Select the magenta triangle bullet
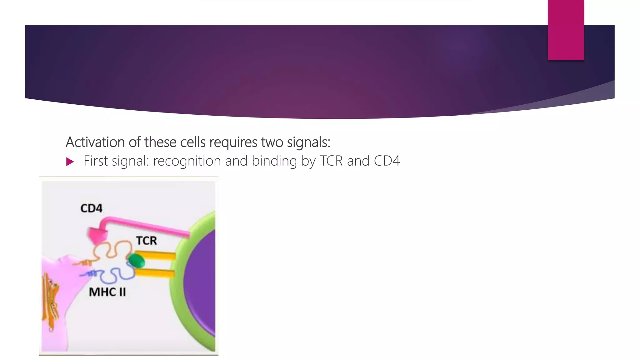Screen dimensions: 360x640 pyautogui.click(x=70, y=162)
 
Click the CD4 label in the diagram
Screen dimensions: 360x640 pyautogui.click(x=91, y=208)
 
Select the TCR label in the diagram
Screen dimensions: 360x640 pyautogui.click(x=146, y=241)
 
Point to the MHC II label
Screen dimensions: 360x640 pyautogui.click(x=107, y=292)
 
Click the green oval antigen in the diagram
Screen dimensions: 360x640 pyautogui.click(x=136, y=261)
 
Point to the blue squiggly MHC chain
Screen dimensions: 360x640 pyautogui.click(x=112, y=275)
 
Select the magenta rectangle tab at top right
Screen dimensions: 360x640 pyautogui.click(x=566, y=30)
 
